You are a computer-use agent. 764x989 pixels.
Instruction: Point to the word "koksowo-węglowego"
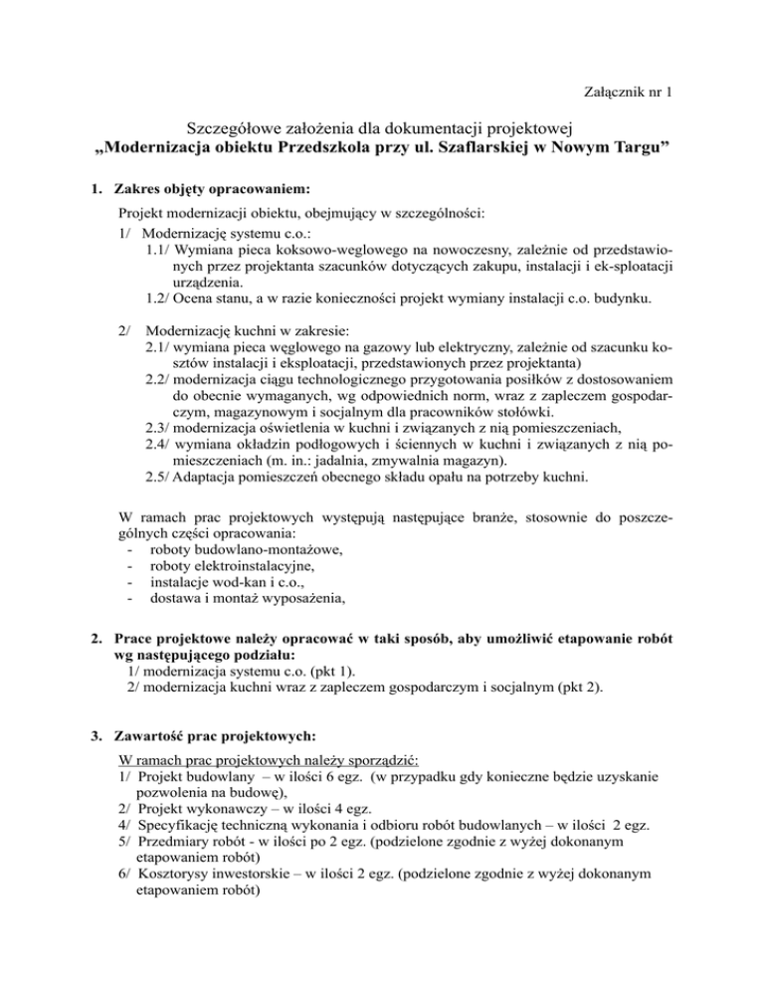[308, 251]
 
